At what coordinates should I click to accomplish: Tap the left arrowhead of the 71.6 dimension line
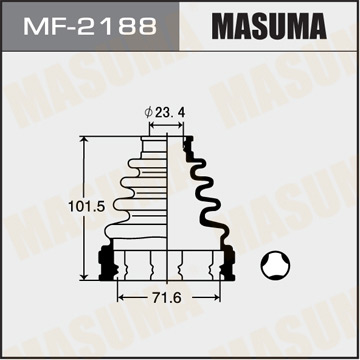pyautogui.click(x=121, y=299)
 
